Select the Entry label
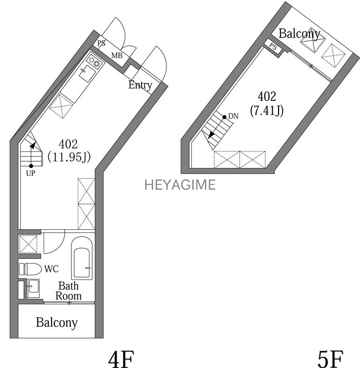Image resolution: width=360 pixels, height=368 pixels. tap(140, 85)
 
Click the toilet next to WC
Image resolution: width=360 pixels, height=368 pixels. tap(29, 269)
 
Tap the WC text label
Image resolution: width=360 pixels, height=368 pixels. tap(51, 269)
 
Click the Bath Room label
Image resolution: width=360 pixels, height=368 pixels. tap(68, 291)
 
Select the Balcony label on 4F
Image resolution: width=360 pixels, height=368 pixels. tap(57, 323)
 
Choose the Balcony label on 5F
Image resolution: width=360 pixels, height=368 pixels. tap(300, 33)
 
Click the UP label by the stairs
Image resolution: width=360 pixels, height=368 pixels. tap(31, 173)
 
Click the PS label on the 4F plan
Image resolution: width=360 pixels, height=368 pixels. tap(101, 44)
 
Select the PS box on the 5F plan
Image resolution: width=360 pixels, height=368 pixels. tap(273, 46)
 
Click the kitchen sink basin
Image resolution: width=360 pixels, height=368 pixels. tap(86, 73)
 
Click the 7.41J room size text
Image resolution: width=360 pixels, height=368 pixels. tap(267, 111)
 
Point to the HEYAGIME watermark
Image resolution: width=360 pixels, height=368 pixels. tap(180, 185)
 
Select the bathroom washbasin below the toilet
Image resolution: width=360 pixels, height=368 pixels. tap(33, 287)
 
